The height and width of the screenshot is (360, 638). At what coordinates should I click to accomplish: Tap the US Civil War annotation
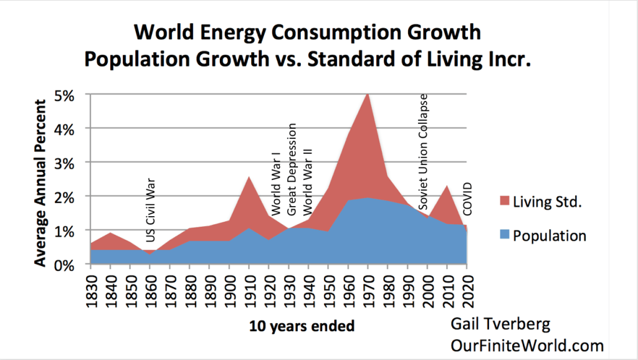click(x=150, y=211)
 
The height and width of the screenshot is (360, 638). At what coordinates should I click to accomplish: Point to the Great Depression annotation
click(x=291, y=169)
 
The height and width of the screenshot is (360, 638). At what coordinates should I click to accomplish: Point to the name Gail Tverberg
click(x=498, y=324)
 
